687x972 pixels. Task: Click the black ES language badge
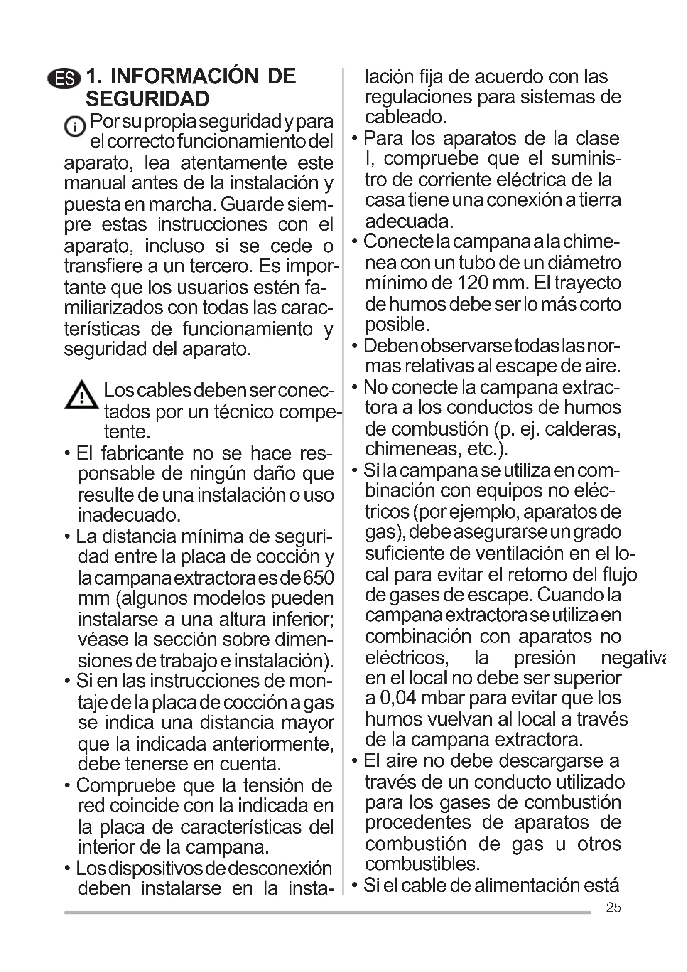point(64,79)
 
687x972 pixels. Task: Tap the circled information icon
point(75,127)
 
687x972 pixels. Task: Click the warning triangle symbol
point(82,395)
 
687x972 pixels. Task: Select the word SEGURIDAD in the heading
point(147,99)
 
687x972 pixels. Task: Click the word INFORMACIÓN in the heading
point(184,76)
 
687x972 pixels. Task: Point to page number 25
point(613,907)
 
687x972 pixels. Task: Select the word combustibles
point(422,864)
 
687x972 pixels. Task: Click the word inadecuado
point(129,515)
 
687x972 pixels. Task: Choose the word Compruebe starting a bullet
point(125,785)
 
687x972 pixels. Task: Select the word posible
point(397,325)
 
